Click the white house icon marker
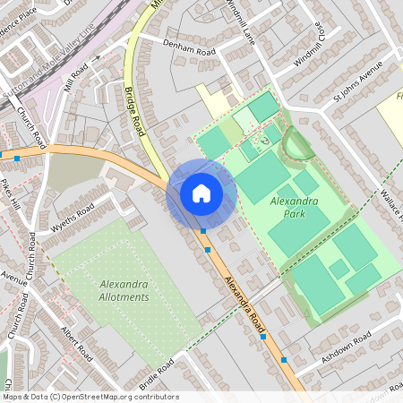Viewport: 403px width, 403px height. click(201, 193)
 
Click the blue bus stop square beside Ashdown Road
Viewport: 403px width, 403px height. click(284, 359)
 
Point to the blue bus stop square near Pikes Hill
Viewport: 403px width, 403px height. click(16, 158)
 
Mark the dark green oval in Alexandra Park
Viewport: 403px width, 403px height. click(296, 142)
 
